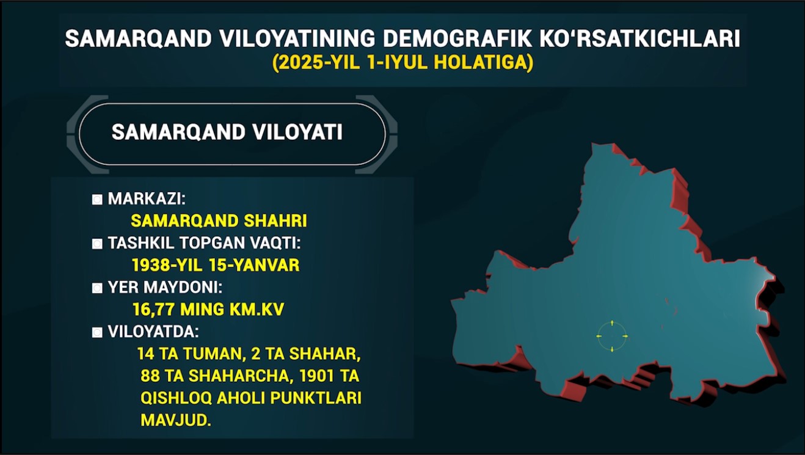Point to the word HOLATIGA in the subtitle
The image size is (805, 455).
[x=481, y=62]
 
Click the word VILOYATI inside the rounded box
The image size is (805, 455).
[x=297, y=132]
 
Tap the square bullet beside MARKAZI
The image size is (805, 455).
[x=97, y=200]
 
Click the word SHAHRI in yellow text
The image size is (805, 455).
[x=275, y=220]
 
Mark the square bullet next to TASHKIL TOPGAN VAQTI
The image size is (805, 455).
[x=97, y=244]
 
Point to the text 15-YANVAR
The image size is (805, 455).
[x=254, y=265]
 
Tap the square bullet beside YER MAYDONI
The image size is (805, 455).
[x=97, y=288]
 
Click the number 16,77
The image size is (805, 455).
[x=154, y=310]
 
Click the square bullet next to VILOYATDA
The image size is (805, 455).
[x=97, y=332]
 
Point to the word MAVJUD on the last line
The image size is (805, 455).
[x=176, y=420]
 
